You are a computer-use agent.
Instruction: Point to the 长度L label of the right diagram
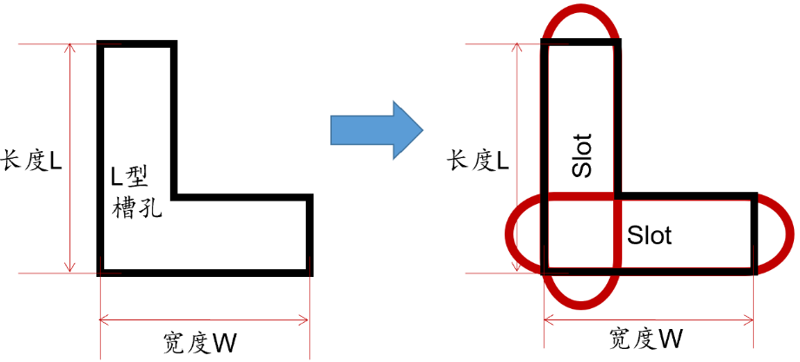click(x=477, y=161)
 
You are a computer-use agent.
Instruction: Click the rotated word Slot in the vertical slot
click(x=582, y=155)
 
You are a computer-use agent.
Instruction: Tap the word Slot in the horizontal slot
click(x=649, y=235)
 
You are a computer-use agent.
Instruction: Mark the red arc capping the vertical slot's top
click(x=580, y=10)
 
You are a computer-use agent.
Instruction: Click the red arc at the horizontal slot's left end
click(x=509, y=234)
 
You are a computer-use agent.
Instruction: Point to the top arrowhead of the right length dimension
click(x=517, y=46)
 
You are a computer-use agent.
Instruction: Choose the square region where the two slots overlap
click(x=580, y=234)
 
